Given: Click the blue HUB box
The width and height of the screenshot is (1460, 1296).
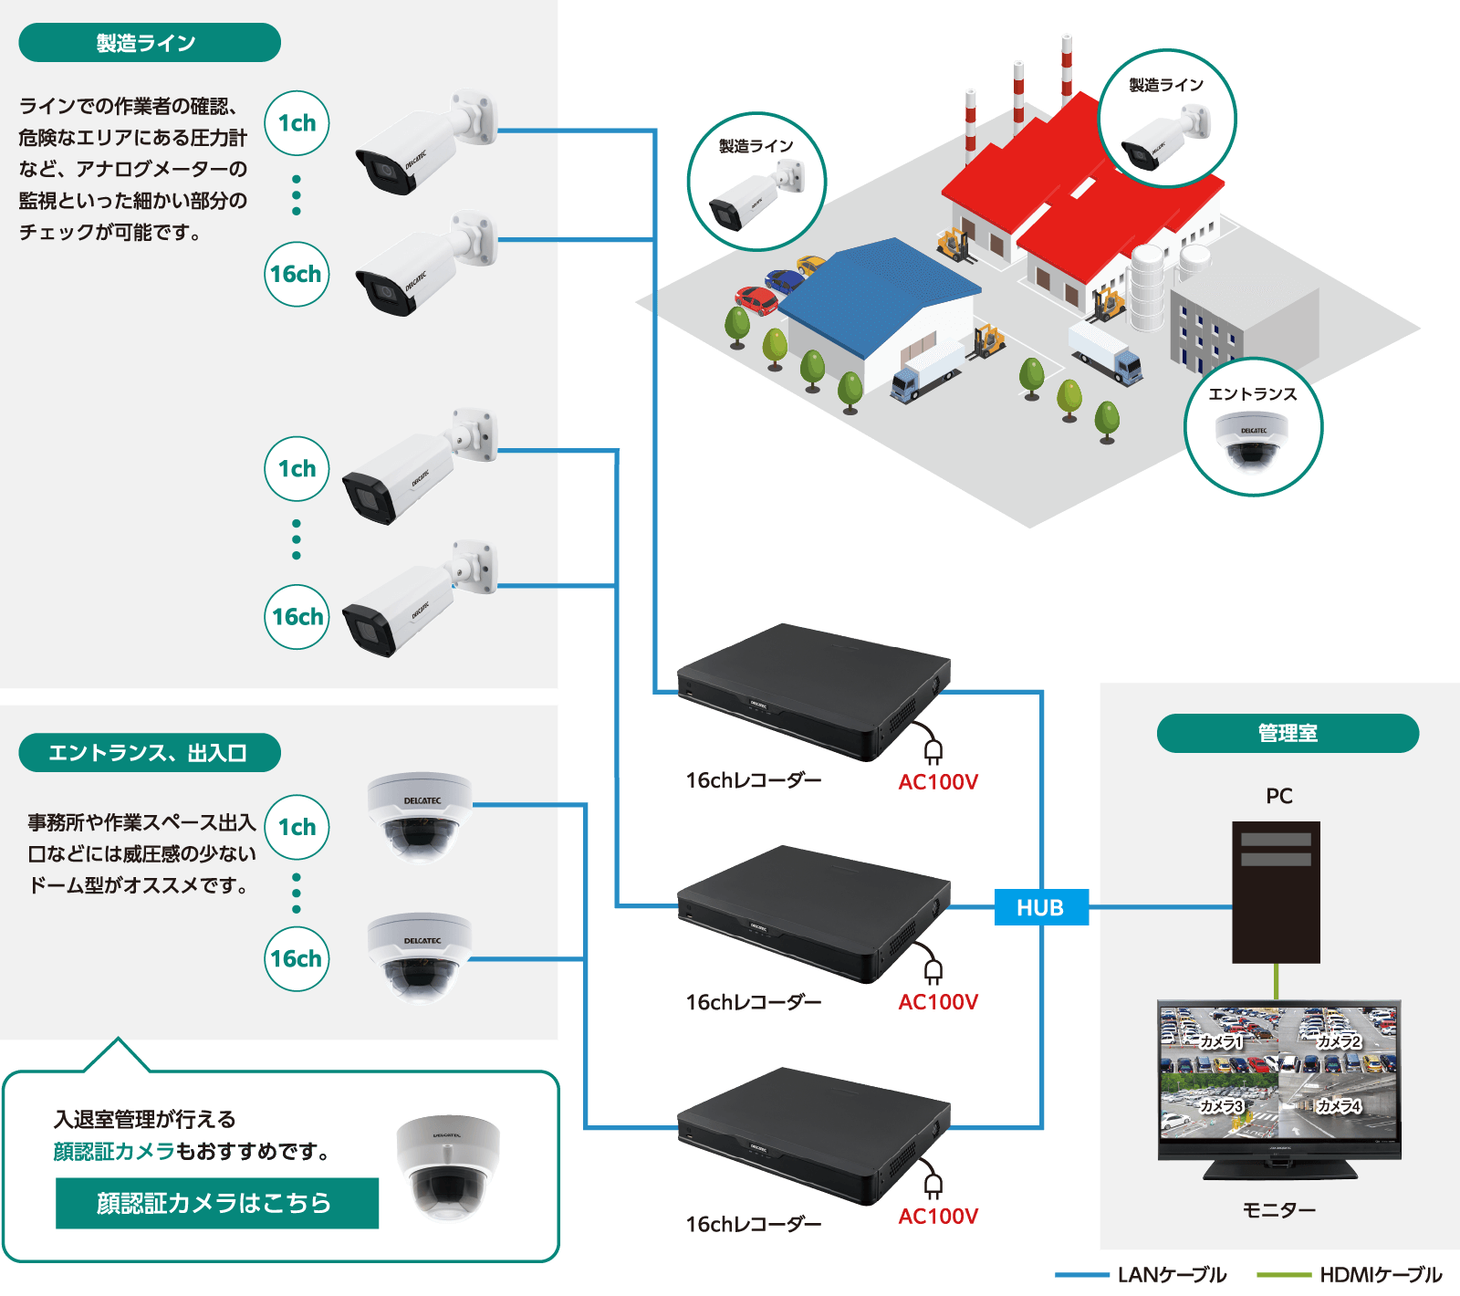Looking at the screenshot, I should [x=1040, y=907].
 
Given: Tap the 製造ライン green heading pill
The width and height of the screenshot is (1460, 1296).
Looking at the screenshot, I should [x=149, y=43].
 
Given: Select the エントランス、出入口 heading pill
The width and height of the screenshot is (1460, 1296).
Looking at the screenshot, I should [x=149, y=753].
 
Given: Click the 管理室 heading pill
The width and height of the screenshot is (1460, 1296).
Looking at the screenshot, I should [x=1287, y=733].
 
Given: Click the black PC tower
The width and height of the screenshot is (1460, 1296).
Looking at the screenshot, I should [x=1276, y=893].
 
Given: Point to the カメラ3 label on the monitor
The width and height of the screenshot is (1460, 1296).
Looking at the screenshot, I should [x=1221, y=1106].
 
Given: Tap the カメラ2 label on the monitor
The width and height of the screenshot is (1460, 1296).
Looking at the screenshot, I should [x=1339, y=1041].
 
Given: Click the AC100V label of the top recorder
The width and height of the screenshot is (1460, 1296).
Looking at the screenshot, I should [x=937, y=782].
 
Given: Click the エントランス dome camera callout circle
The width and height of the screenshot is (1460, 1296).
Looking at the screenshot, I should [x=1253, y=427].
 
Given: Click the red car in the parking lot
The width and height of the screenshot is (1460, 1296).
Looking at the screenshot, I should [x=755, y=299].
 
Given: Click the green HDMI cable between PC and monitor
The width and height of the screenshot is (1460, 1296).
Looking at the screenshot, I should [x=1276, y=982].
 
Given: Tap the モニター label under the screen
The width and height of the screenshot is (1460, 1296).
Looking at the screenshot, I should [x=1278, y=1210].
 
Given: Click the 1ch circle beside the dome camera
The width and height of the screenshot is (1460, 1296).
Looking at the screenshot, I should [x=297, y=827].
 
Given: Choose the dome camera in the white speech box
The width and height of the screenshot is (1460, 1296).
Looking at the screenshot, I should [x=447, y=1166].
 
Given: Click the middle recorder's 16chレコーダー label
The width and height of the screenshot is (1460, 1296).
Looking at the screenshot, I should [x=753, y=1002].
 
